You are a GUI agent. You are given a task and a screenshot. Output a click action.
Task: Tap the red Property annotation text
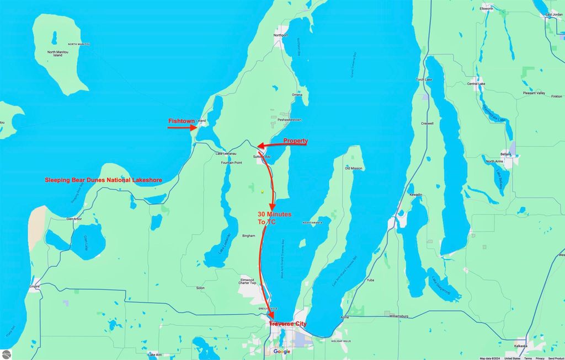(x=296, y=141)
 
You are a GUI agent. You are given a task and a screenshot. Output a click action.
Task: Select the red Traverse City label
(x=288, y=324)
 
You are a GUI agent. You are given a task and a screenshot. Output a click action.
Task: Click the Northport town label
(x=281, y=35)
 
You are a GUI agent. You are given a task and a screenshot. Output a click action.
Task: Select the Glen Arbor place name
(x=74, y=219)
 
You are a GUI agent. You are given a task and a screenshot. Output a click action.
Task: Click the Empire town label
(x=35, y=287)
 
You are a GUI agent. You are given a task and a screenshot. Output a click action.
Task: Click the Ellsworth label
(x=487, y=9)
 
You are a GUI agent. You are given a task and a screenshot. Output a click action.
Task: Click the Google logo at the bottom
(x=281, y=352)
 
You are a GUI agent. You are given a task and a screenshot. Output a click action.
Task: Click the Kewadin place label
(x=415, y=195)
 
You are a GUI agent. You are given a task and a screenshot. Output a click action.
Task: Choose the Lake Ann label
(x=155, y=354)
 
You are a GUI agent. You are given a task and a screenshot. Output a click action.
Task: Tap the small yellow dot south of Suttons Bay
(x=263, y=192)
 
